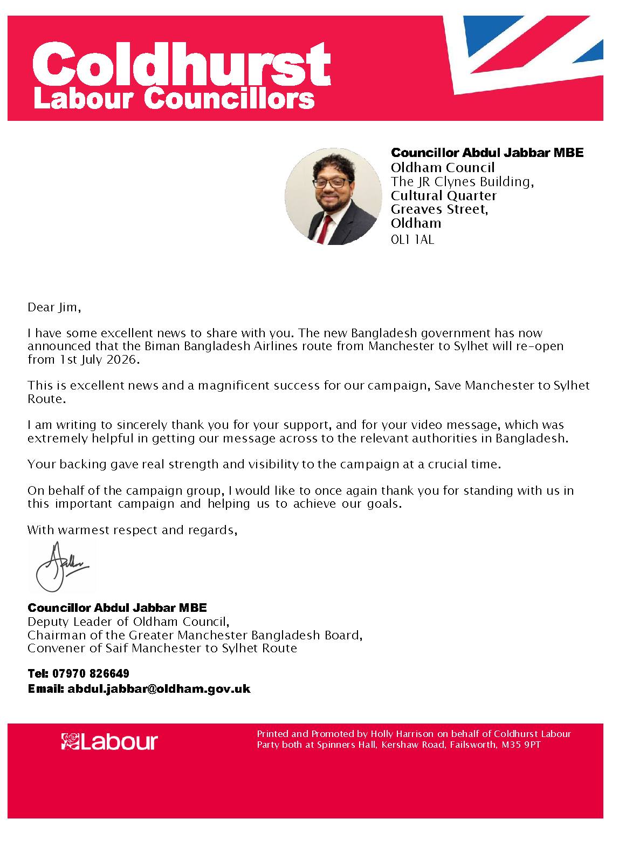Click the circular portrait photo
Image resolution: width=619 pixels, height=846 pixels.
(333, 196)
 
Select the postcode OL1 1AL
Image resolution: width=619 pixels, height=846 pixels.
(412, 240)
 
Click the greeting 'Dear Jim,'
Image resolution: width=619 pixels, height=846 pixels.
(54, 308)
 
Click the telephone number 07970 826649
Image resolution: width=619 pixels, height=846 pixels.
(91, 674)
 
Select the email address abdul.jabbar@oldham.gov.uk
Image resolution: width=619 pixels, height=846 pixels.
(159, 689)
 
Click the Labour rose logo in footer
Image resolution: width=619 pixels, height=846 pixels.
(71, 741)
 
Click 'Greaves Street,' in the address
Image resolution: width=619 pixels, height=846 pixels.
(439, 209)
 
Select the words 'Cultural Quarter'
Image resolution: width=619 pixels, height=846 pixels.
(444, 195)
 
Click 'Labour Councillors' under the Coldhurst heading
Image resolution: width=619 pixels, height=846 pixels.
(174, 100)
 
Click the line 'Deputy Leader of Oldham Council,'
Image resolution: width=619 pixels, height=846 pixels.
(129, 622)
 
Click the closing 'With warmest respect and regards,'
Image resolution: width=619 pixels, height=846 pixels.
(133, 530)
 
